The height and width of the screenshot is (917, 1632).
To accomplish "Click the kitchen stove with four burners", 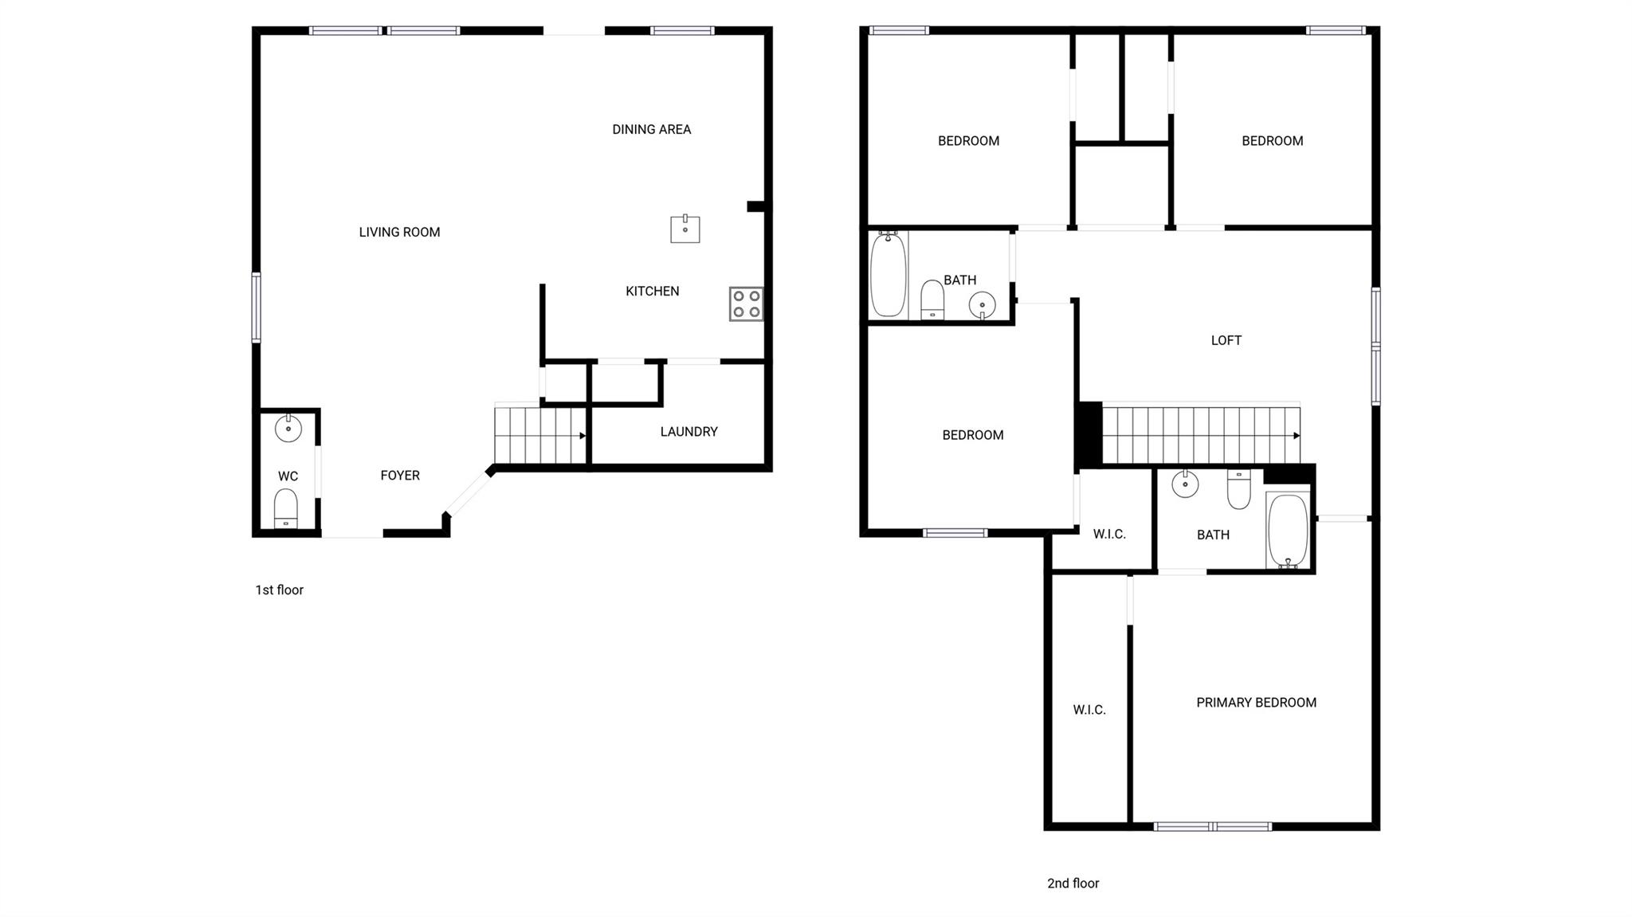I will tap(746, 304).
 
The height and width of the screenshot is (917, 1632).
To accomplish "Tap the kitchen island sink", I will tap(685, 229).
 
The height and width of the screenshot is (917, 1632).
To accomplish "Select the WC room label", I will tap(288, 476).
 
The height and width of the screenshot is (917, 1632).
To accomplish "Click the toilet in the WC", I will tap(286, 507).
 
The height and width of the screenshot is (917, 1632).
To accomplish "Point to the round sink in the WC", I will tap(288, 428).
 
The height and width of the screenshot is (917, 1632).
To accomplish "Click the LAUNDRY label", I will tap(688, 432).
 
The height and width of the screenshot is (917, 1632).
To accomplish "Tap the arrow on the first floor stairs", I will tap(583, 436).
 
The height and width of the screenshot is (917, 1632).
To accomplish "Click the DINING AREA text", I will tap(651, 129).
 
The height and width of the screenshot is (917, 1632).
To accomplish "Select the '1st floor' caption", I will tap(279, 590).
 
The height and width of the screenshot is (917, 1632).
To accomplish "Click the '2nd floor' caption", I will tap(1073, 883).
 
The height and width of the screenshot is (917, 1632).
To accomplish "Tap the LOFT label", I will tap(1226, 340).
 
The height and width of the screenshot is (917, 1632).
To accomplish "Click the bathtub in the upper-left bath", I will tap(888, 274).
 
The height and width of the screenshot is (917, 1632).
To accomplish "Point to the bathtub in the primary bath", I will tap(1287, 530).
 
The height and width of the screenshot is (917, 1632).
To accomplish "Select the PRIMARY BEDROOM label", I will tap(1256, 702).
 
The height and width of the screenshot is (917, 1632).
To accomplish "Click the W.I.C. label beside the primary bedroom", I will tap(1089, 710).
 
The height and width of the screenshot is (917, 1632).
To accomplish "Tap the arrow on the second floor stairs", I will tap(1297, 436).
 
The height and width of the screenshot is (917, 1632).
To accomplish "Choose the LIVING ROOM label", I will tap(399, 232).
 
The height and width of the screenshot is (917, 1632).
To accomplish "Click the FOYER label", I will tap(399, 476).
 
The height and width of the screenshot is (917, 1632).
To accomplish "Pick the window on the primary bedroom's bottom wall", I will tap(1212, 826).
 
